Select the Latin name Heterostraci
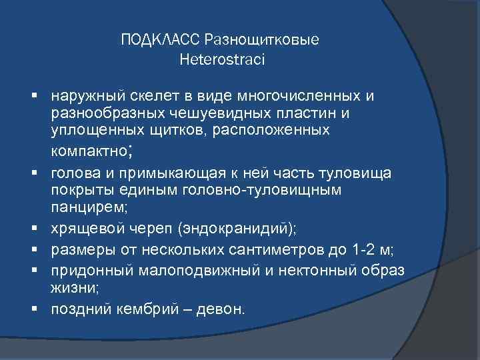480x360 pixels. tap(222, 60)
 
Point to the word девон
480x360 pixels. tap(224, 309)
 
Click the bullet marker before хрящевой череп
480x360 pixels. tap(41, 229)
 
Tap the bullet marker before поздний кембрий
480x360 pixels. tap(41, 309)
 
